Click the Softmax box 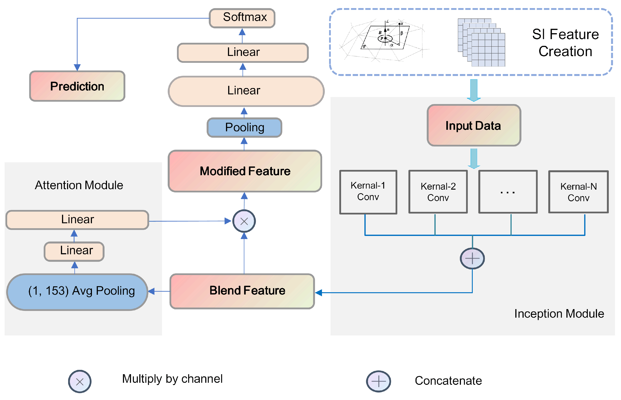[x=242, y=18]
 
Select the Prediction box [x=77, y=86]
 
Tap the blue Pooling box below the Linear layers [x=244, y=128]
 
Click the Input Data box [x=474, y=125]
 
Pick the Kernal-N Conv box [x=578, y=192]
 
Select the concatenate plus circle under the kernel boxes [x=472, y=258]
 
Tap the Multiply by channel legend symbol [x=80, y=381]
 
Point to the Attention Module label [x=79, y=185]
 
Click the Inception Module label [x=559, y=313]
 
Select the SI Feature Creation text [x=565, y=43]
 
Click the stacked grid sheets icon [x=481, y=42]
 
